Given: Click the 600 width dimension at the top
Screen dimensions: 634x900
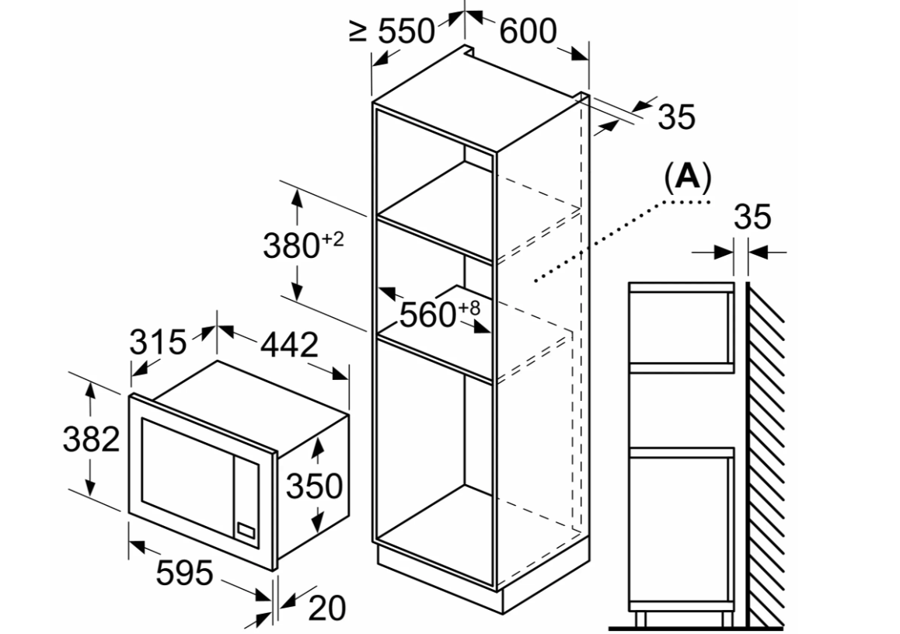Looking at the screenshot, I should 528,32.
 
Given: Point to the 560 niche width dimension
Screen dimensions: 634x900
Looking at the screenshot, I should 427,314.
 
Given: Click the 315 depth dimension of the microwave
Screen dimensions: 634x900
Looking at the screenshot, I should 158,342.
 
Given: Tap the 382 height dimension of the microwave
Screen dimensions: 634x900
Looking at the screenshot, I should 91,440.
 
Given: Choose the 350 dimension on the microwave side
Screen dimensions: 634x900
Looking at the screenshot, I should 314,486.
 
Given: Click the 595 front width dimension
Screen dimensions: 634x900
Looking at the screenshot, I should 184,574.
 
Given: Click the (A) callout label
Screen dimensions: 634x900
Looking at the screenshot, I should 687,178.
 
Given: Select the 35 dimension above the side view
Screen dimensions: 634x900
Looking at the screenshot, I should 752,218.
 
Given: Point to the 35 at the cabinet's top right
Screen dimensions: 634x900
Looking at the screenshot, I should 676,117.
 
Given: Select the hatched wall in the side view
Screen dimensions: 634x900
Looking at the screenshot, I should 766,451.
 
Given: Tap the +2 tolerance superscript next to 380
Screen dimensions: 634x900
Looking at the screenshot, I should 333,239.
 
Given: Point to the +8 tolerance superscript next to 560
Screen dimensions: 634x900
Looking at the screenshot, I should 469,308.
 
